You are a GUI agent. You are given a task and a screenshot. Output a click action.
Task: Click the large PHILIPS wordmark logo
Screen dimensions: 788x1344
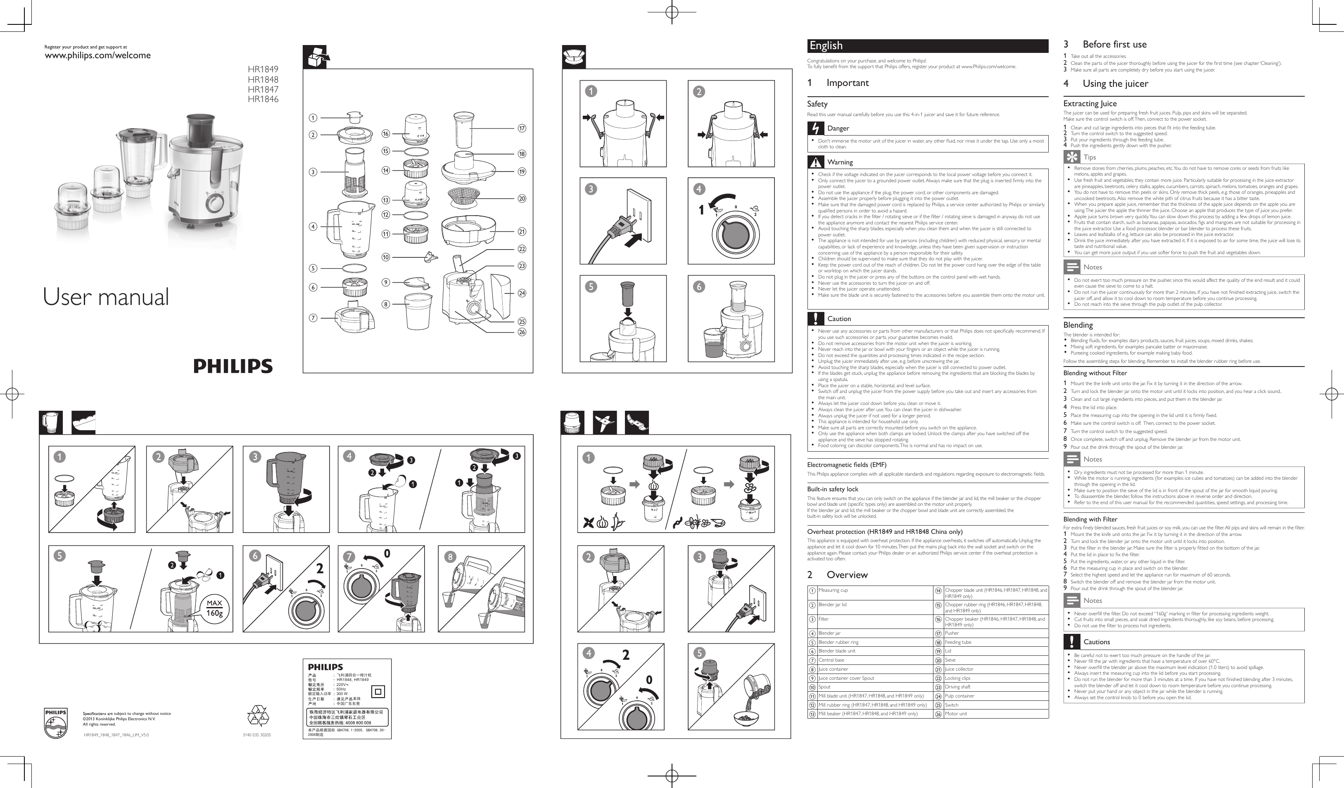coord(233,366)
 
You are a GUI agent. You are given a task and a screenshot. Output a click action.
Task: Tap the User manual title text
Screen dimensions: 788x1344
coord(106,297)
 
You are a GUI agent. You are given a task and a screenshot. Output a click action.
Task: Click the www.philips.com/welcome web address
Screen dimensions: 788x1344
coord(97,55)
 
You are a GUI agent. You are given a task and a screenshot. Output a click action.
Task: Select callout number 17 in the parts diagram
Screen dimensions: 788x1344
coord(522,128)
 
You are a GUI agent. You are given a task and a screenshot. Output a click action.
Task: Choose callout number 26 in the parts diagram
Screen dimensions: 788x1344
coord(522,332)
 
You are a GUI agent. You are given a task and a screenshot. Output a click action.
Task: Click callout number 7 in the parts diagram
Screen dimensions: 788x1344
coord(313,318)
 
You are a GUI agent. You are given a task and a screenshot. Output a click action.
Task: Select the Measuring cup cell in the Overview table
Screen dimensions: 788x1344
coord(833,590)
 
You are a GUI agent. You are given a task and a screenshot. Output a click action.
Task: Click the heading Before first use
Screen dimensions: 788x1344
coord(1114,45)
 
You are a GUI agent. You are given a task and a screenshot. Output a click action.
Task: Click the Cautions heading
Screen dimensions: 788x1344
coord(1096,642)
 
